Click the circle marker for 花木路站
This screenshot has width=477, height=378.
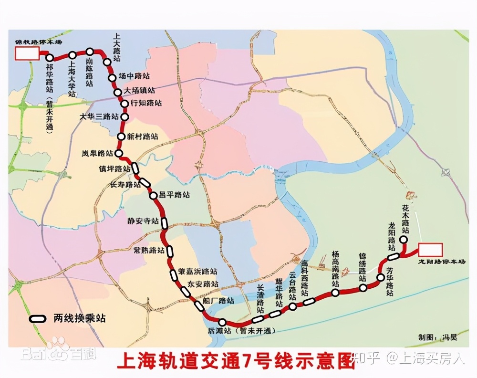tap(404, 239)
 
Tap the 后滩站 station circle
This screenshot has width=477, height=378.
tap(222, 323)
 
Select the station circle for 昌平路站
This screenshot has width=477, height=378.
tap(153, 195)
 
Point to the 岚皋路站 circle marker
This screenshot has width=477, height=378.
tap(119, 153)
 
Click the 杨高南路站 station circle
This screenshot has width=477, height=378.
tap(335, 293)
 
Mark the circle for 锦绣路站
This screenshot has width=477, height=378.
tap(363, 287)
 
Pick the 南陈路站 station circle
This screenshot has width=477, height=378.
tap(89, 51)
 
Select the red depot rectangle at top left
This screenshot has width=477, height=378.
tap(27, 53)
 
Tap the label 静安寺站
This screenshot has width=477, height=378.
tap(143, 221)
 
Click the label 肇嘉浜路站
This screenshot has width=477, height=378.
tap(197, 272)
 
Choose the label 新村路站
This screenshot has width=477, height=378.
tap(143, 136)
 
